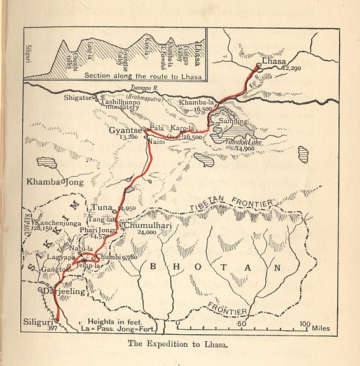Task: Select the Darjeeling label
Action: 65,292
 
